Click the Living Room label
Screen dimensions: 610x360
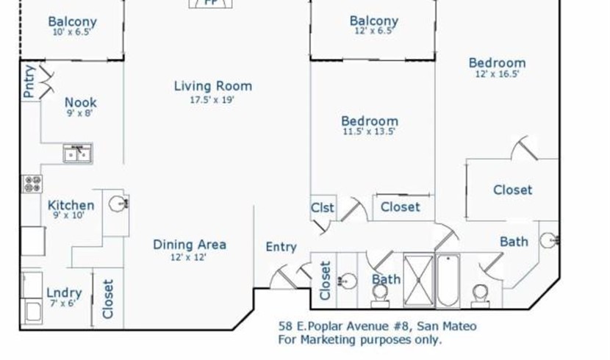pos(213,86)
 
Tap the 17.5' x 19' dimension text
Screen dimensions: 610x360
pos(212,100)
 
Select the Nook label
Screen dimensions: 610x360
pos(81,103)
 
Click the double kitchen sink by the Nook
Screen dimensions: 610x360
pos(78,153)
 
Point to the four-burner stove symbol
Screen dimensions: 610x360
pos(32,184)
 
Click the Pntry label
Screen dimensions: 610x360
pos(29,82)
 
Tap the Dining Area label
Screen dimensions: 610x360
pos(190,245)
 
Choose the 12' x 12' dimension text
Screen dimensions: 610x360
pos(188,257)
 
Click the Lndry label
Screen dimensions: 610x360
pos(64,292)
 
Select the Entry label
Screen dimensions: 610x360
pos(281,247)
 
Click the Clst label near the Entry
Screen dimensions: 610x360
pos(322,208)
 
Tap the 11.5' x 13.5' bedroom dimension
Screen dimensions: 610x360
pos(369,132)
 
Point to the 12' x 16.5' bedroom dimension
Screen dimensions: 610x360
pos(497,74)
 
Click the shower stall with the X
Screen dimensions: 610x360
pos(419,279)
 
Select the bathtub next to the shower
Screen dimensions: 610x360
pos(448,281)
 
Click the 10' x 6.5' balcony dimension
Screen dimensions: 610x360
pos(71,32)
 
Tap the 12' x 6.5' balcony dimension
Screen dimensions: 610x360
pos(374,31)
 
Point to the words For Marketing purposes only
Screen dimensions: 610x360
pos(360,339)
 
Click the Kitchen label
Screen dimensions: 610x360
pos(71,205)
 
